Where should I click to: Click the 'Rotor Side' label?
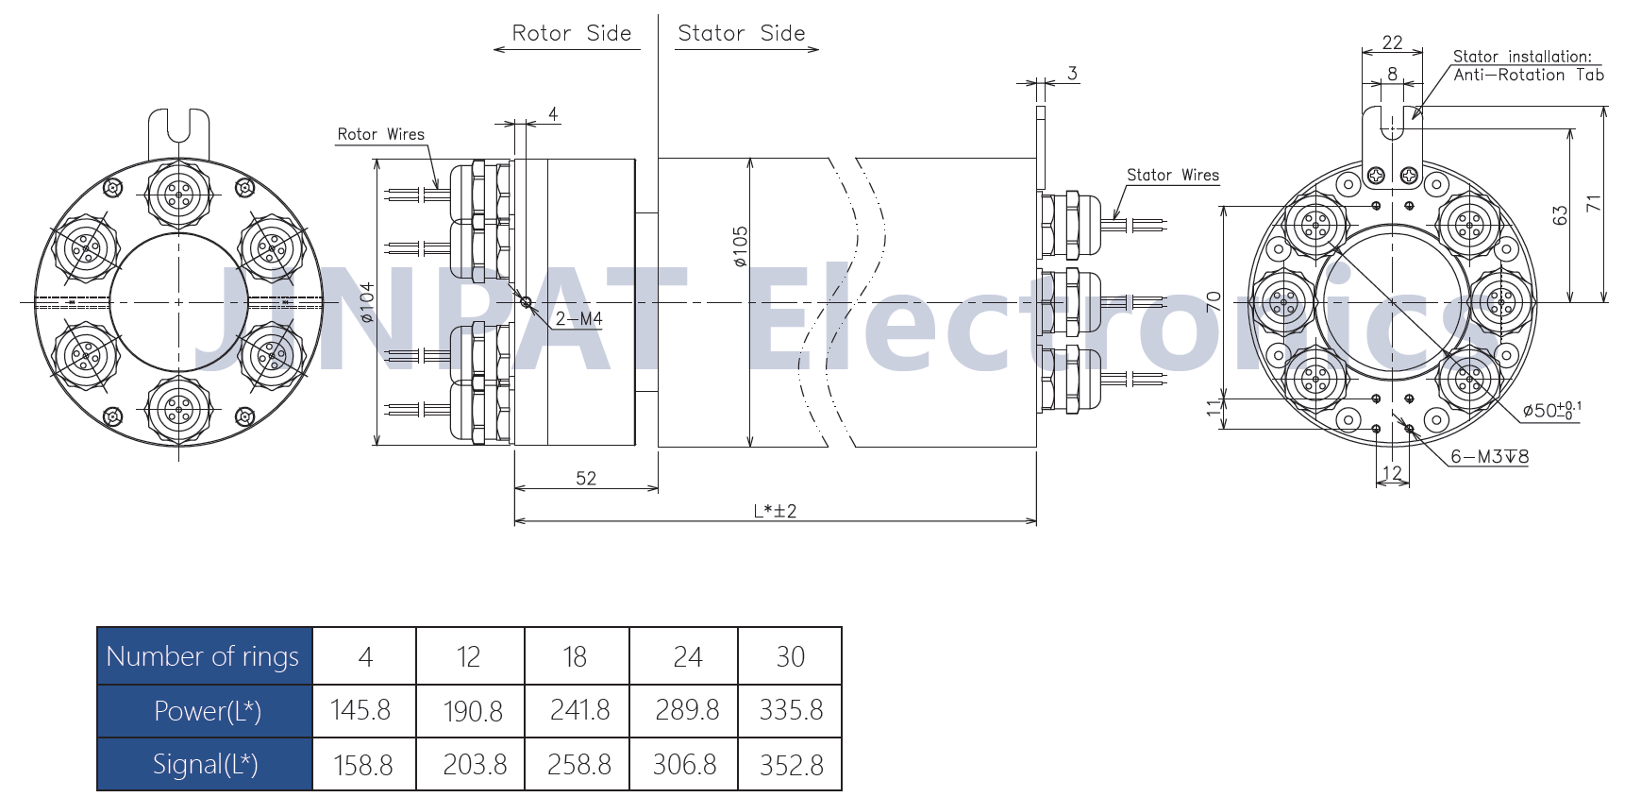coord(571,33)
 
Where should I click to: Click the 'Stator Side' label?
coord(742,33)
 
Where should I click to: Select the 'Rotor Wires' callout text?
coord(381,134)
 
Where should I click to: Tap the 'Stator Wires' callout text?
coord(1173,175)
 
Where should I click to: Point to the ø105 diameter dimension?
coord(740,246)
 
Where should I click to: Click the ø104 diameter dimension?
coord(366,302)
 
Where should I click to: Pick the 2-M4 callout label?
coord(578,319)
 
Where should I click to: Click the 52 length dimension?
coord(586,478)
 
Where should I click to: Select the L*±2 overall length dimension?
coord(775,511)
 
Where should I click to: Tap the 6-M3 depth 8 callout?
coord(1489,456)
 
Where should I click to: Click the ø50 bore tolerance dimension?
coord(1551,410)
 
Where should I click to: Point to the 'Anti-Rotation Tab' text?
coord(1529,75)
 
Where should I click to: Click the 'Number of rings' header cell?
coord(205,655)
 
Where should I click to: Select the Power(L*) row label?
coord(205,710)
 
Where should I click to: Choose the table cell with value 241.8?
coord(578,710)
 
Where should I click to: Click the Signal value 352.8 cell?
coord(791,764)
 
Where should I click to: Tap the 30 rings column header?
coord(791,655)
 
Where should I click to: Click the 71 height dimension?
coord(1594,203)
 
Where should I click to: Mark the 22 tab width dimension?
coord(1392,42)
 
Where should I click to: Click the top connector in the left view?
coord(178,195)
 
